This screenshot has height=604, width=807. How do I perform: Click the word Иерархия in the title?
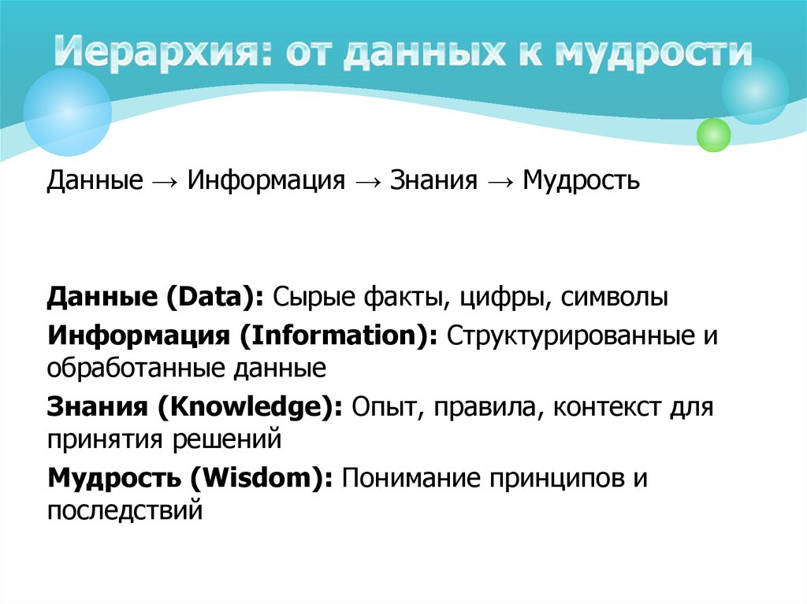tap(149, 54)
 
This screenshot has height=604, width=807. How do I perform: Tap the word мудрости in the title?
tap(653, 54)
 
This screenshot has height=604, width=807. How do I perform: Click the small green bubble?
tap(714, 135)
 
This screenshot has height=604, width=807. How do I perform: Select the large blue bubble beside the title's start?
tap(67, 112)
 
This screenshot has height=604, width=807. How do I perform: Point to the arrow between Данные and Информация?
tap(165, 182)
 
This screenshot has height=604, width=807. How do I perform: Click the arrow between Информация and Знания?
tap(368, 182)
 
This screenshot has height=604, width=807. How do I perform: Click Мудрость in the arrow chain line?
tap(582, 182)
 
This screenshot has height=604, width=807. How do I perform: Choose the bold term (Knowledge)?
tap(249, 408)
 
